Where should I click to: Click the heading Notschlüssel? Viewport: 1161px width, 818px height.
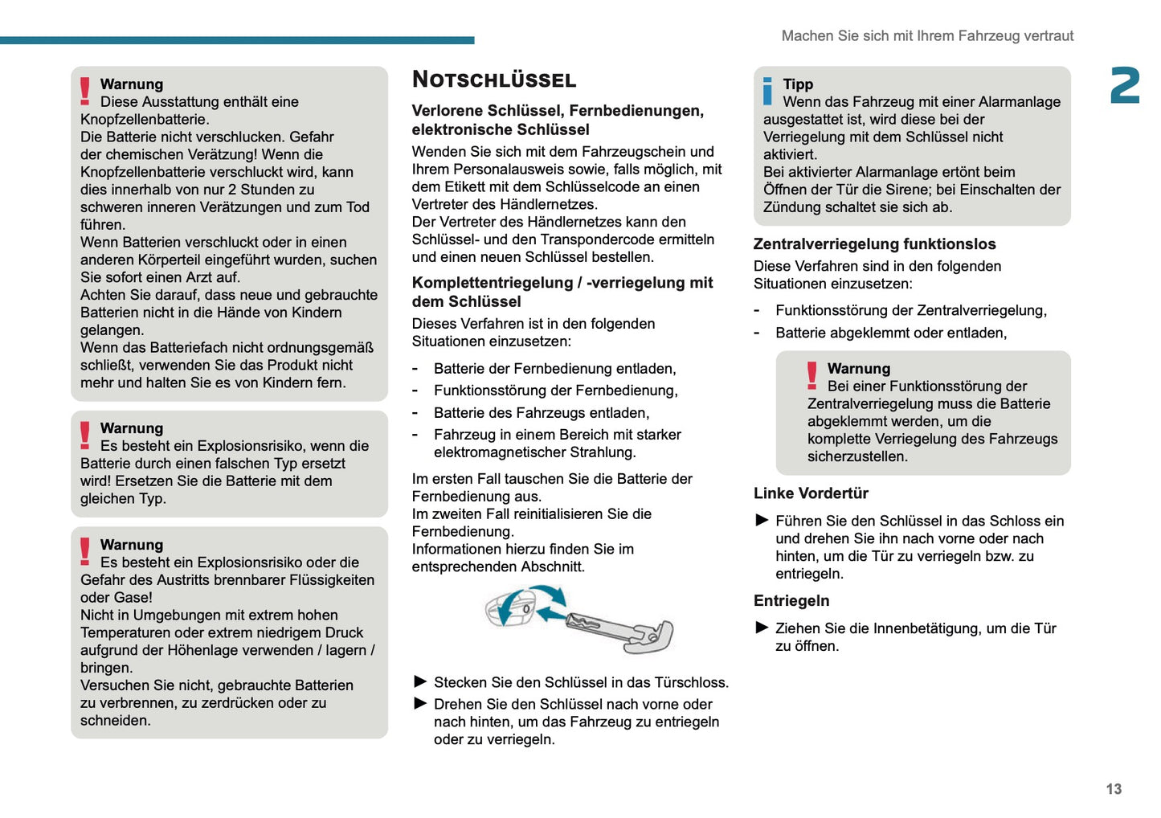click(x=494, y=80)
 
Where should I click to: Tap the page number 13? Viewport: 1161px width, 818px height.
click(x=1114, y=789)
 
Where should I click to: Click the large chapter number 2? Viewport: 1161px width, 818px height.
click(x=1125, y=86)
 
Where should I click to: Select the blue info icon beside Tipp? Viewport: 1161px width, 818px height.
click(x=768, y=91)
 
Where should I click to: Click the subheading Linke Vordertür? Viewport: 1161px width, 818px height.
click(x=811, y=493)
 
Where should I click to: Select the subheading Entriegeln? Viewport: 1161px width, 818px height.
click(x=791, y=601)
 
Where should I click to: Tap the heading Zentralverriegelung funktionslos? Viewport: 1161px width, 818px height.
click(x=874, y=244)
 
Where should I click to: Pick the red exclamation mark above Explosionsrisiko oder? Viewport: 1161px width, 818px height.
click(x=85, y=551)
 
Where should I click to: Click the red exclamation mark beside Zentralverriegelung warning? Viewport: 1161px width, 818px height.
click(x=812, y=375)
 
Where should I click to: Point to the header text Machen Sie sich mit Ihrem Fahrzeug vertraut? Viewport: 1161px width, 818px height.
click(x=927, y=36)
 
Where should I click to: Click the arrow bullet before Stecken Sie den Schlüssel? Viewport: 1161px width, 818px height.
click(x=420, y=682)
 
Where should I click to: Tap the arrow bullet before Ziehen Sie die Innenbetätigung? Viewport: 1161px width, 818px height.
click(x=762, y=628)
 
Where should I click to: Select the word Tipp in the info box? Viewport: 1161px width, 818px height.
click(x=798, y=84)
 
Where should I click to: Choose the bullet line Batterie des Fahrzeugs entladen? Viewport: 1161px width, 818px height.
click(x=542, y=413)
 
